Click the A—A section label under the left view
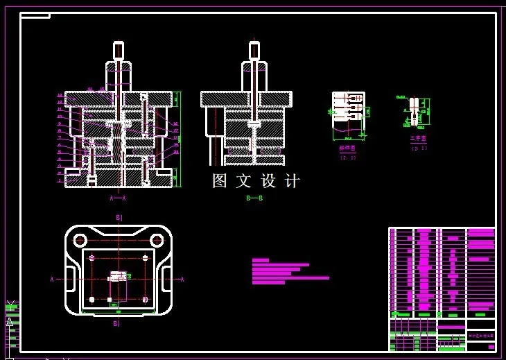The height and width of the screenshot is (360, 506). (x=117, y=198)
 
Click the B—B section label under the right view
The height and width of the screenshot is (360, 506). (x=254, y=198)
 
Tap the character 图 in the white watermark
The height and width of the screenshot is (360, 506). (x=220, y=181)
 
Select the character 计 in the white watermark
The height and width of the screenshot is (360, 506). (x=293, y=181)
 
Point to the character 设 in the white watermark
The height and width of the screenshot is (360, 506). (x=269, y=181)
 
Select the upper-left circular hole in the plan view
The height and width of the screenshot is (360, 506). (x=78, y=240)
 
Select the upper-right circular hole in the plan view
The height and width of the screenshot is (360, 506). (x=157, y=240)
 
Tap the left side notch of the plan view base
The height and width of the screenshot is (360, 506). (x=71, y=280)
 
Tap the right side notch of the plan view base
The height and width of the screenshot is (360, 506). (x=166, y=280)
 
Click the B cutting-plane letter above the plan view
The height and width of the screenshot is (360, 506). (x=118, y=218)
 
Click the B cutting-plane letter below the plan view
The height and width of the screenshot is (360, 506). (x=116, y=323)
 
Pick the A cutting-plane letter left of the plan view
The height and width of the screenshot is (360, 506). (x=52, y=280)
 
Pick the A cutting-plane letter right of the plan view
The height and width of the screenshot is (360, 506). (x=182, y=280)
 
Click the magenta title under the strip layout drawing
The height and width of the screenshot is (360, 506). (x=347, y=148)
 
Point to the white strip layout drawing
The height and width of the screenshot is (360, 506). (x=347, y=111)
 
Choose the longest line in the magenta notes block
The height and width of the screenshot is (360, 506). (x=290, y=278)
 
